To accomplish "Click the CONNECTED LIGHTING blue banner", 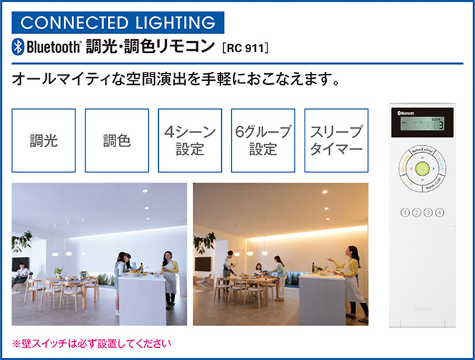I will click(x=119, y=22).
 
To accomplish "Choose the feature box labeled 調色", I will click(x=117, y=140).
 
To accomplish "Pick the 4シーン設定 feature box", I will click(x=189, y=140).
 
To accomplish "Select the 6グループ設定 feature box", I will click(x=263, y=140).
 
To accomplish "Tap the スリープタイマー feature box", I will click(x=336, y=140).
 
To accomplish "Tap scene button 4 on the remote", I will click(x=440, y=212).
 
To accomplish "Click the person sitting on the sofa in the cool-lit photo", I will click(x=22, y=274).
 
